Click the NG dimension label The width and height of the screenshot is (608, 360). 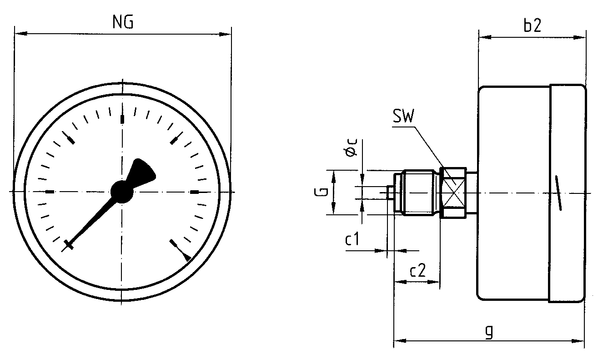pos(123,22)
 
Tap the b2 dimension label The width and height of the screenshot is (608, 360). pos(532,25)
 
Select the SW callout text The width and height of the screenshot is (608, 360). pos(403,116)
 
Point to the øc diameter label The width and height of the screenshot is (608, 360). pos(352,148)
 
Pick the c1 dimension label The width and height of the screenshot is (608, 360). pos(352,239)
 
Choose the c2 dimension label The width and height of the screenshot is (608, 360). pos(418,270)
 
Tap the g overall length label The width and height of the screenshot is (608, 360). pos(490,332)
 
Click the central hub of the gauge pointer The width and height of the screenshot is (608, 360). pos(122,191)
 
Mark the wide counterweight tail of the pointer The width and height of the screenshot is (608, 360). pos(142,172)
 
